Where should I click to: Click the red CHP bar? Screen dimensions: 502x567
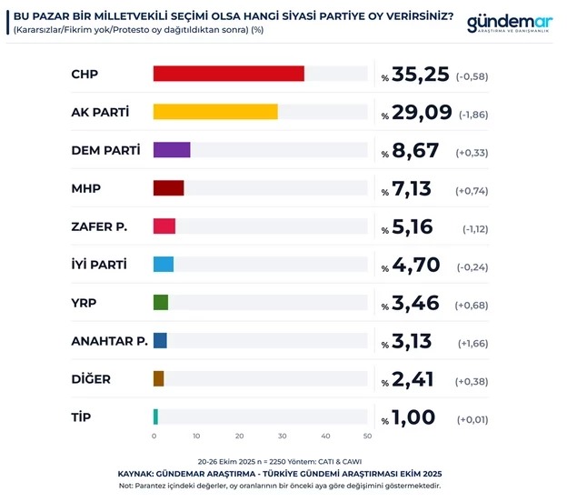click(229, 75)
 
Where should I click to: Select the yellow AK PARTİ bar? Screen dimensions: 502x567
click(215, 113)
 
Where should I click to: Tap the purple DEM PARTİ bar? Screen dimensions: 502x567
click(172, 150)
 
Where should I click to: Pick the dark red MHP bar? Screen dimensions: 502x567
click(169, 188)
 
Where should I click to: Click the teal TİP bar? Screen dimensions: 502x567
click(156, 417)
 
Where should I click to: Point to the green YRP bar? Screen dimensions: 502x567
click(161, 302)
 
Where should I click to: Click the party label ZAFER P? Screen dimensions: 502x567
click(98, 226)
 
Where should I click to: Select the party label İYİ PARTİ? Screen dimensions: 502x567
click(99, 265)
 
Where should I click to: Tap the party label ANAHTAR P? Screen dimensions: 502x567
click(109, 341)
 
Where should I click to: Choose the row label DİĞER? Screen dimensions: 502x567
click(92, 379)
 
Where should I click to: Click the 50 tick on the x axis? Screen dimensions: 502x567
click(367, 437)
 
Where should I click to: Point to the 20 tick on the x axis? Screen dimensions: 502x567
click(240, 437)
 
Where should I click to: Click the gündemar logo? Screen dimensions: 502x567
click(509, 25)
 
